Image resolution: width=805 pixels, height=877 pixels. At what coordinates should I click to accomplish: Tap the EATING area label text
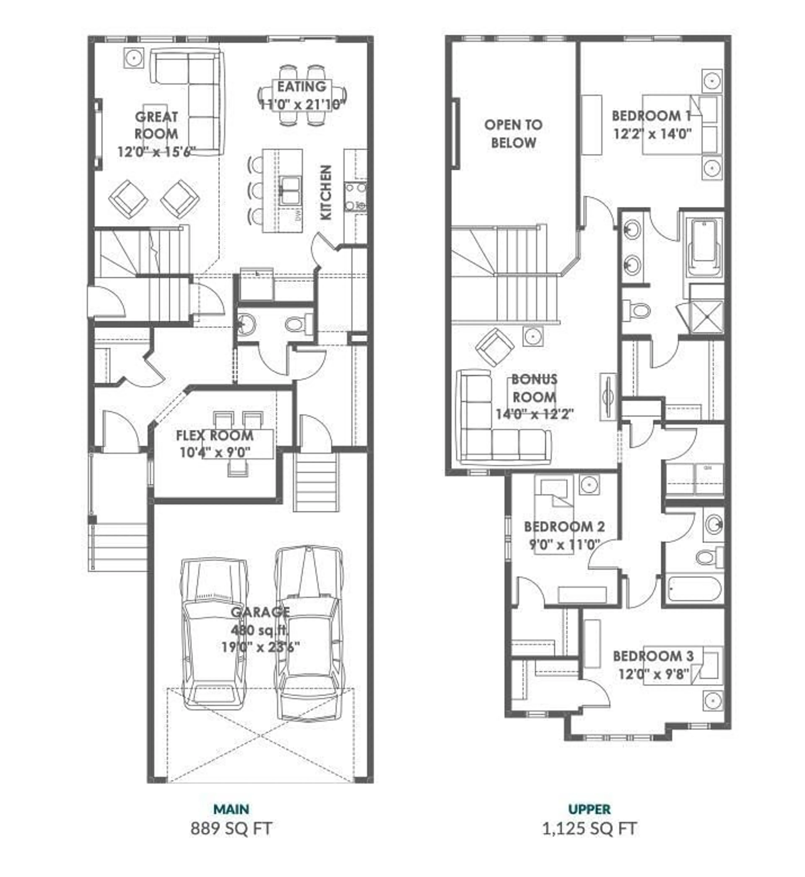pos(301,87)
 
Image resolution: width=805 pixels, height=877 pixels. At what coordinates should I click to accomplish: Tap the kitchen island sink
pos(290,190)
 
